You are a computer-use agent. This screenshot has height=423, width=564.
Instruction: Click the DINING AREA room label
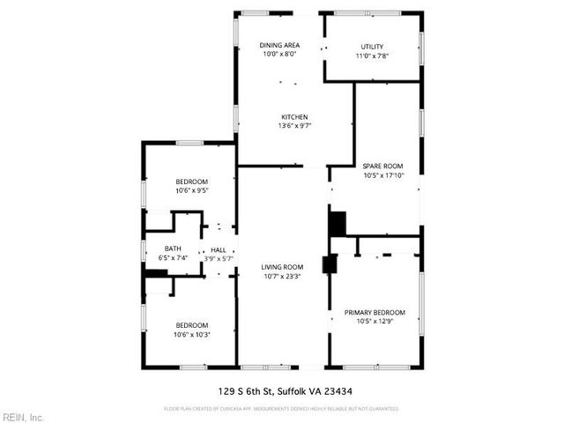279,45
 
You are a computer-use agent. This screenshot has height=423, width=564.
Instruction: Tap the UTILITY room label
372,47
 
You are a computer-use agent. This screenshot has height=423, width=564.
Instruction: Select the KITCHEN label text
294,116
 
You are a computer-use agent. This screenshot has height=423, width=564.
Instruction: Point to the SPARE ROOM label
382,166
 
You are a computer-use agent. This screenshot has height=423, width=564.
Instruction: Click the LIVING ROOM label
282,267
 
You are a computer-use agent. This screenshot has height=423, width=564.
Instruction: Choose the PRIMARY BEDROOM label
375,313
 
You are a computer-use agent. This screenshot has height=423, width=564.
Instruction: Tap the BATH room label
174,249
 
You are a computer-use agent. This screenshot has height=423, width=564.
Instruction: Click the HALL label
217,249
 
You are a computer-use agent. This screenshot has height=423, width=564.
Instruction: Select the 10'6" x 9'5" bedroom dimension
191,190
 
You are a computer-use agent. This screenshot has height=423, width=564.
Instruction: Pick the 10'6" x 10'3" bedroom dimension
191,334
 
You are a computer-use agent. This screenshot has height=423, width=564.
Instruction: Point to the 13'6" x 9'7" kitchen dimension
294,125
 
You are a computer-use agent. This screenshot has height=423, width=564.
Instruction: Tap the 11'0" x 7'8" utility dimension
372,56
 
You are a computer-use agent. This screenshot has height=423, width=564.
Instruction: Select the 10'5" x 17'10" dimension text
382,174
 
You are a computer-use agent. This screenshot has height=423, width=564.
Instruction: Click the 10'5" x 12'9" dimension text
375,322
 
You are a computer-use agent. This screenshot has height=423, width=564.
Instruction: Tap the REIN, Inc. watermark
23,417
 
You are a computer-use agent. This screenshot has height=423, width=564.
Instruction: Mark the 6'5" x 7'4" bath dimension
174,257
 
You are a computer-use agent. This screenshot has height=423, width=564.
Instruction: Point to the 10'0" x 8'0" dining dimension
279,54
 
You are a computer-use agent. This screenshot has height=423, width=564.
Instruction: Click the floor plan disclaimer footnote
282,409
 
